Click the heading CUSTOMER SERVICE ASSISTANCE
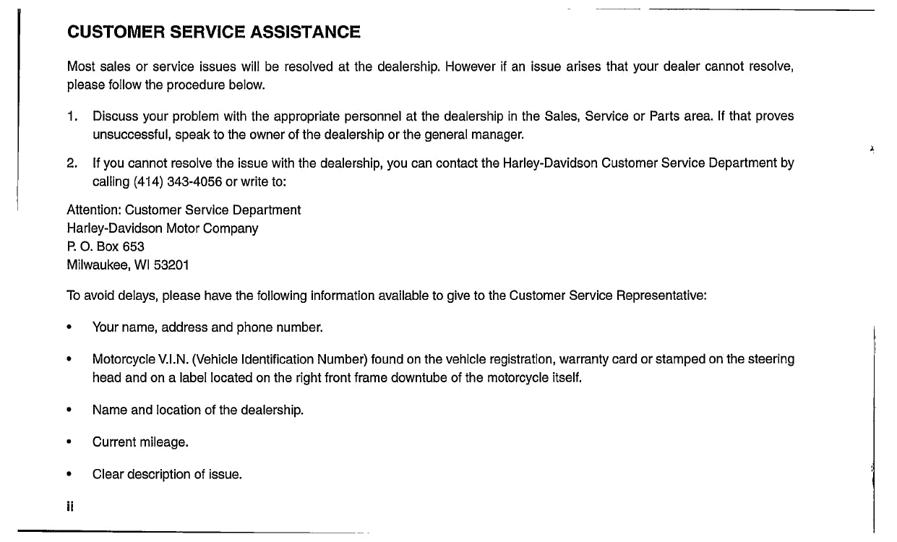click(x=213, y=33)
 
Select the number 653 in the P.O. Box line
click(x=133, y=246)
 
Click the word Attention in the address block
click(x=94, y=210)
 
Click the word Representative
click(x=661, y=296)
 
